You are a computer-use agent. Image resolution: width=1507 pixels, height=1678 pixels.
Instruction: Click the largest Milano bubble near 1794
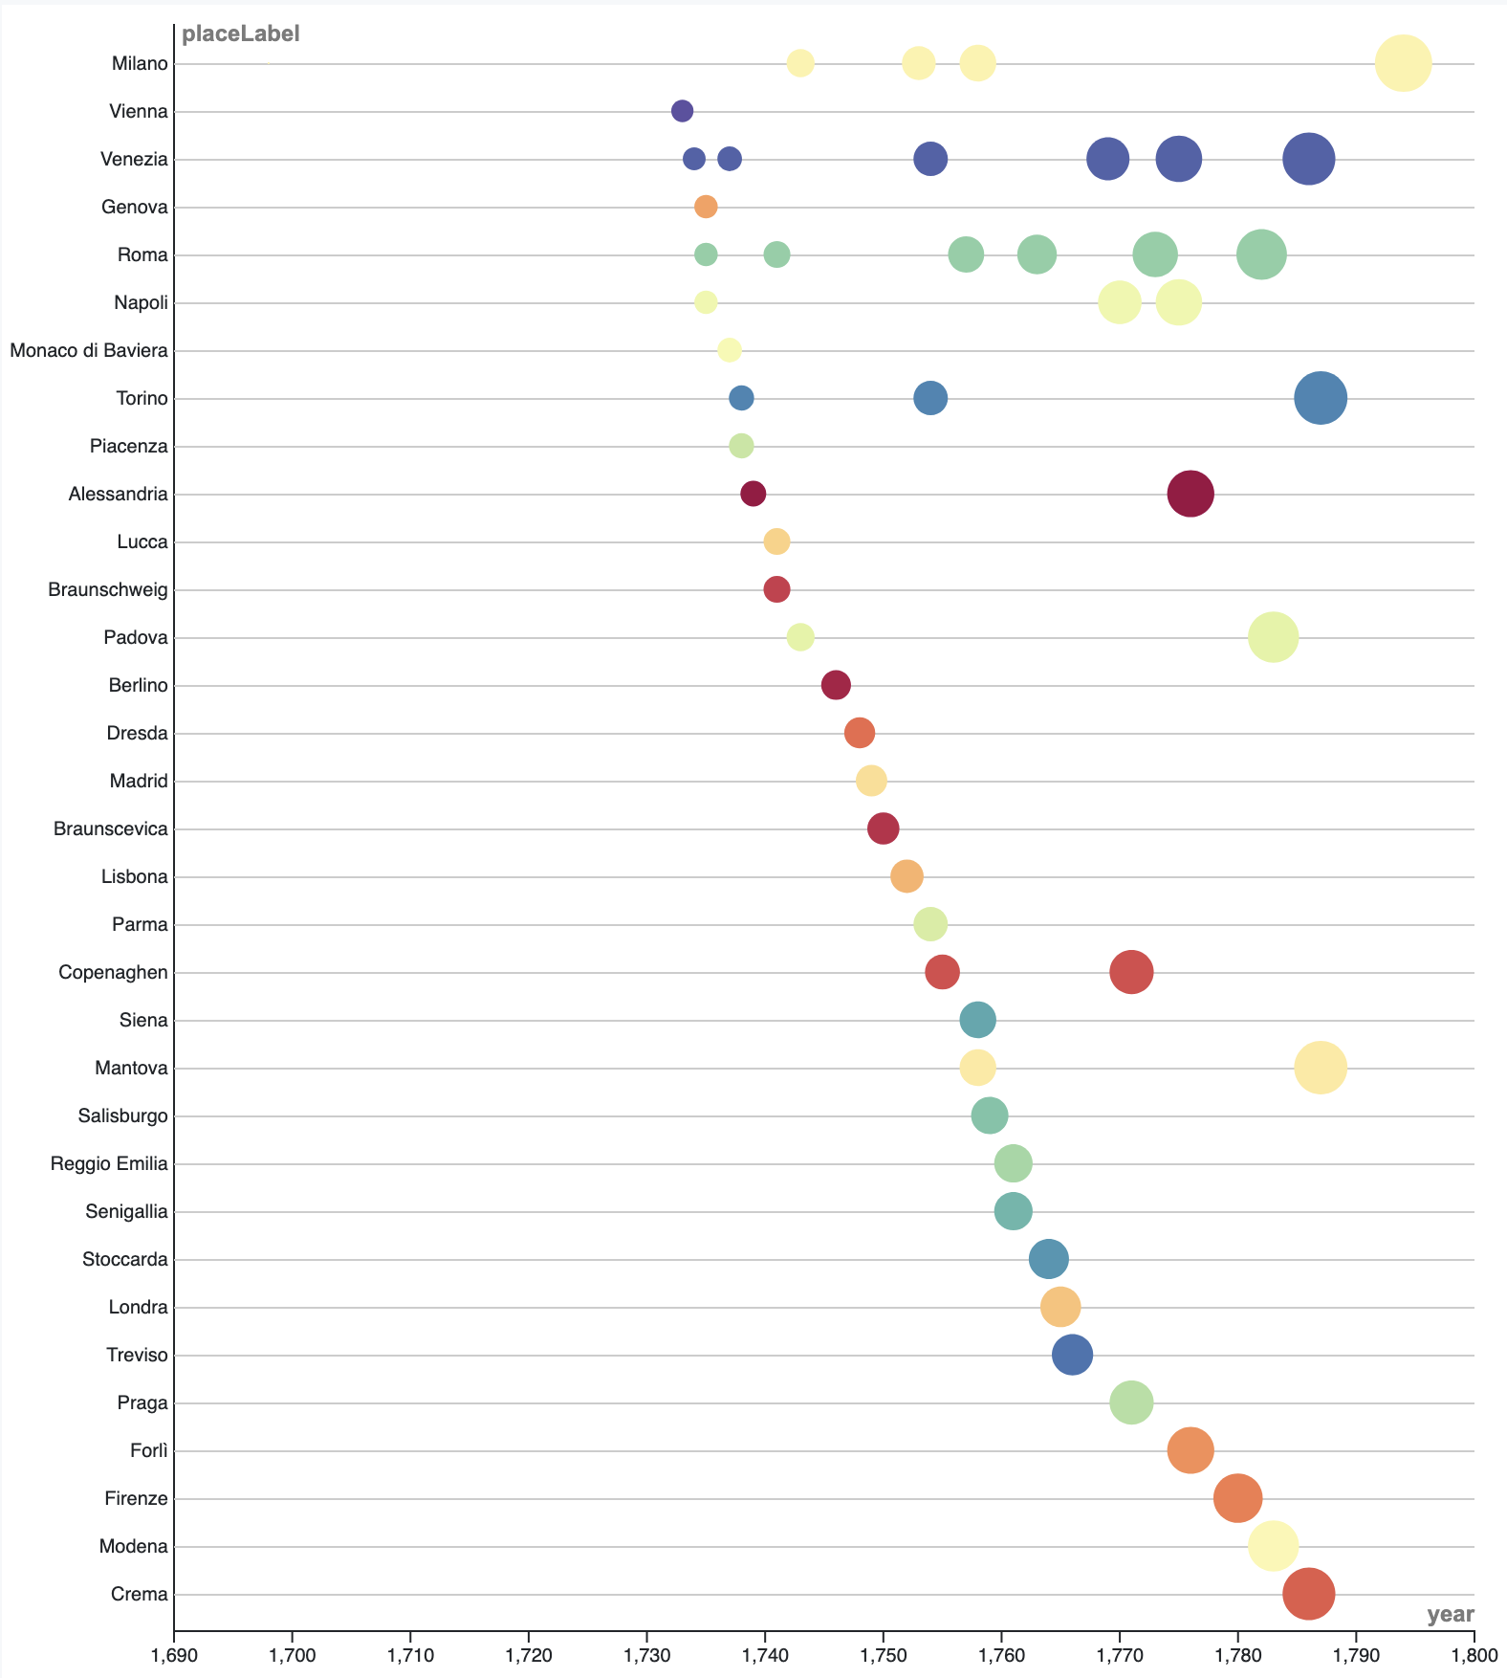pos(1403,63)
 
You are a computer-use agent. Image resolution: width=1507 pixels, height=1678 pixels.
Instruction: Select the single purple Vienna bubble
pos(682,111)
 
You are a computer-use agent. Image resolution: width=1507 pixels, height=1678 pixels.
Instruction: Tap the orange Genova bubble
pos(706,207)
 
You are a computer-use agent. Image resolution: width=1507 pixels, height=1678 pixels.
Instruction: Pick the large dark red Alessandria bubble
pos(1190,494)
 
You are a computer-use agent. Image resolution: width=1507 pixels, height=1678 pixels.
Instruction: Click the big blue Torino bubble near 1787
pos(1321,398)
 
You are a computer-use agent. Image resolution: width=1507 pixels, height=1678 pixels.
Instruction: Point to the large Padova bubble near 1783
pos(1273,637)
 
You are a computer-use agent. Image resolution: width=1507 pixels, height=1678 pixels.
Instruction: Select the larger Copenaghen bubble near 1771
pos(1131,972)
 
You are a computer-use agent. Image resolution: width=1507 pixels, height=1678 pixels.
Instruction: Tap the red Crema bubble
pos(1308,1594)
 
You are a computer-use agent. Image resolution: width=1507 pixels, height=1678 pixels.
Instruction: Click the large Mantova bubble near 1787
pos(1321,1068)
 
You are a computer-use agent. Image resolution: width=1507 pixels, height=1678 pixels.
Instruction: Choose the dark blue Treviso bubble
pos(1072,1355)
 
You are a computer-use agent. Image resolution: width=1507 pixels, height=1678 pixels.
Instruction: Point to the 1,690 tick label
pos(174,1655)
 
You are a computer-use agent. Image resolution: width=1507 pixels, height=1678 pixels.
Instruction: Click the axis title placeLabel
pos(241,34)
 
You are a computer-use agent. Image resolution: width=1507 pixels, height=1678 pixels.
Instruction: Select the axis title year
pos(1450,1615)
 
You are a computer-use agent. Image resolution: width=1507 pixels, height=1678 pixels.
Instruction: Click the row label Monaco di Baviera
pos(89,350)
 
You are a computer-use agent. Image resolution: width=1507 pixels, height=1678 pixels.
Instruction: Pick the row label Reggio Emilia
pos(109,1163)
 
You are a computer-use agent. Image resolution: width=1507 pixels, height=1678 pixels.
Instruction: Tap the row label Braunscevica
pos(111,828)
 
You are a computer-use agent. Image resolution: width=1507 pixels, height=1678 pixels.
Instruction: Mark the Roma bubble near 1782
pos(1261,254)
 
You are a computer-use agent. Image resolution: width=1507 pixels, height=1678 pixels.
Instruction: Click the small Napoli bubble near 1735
pos(706,302)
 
